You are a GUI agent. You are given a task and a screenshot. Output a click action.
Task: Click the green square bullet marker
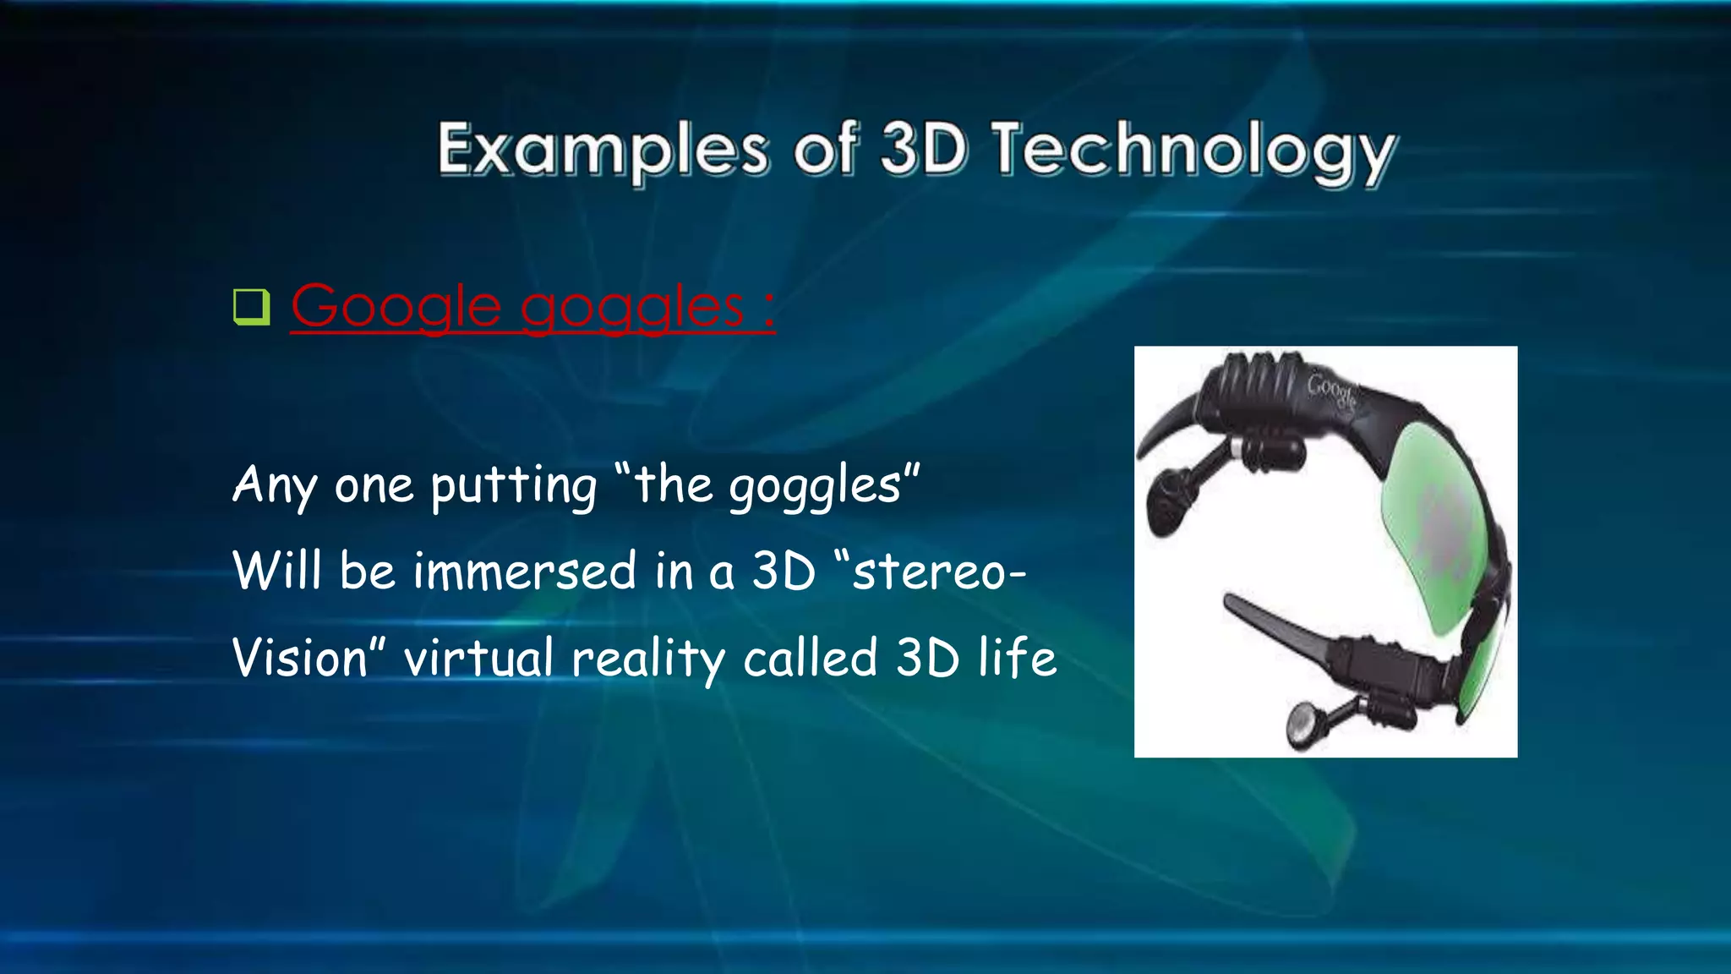(x=251, y=307)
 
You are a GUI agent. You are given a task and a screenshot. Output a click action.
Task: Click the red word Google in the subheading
(x=396, y=306)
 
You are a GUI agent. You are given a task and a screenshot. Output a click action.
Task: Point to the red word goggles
(x=631, y=308)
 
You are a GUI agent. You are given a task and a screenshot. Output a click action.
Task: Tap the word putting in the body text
(x=514, y=487)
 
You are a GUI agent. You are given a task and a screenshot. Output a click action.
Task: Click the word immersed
(x=524, y=571)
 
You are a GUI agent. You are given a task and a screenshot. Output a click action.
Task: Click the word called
(x=811, y=658)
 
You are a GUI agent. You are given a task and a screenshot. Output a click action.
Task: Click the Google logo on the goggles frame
(x=1333, y=391)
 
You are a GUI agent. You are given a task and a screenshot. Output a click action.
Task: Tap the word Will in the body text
(x=276, y=571)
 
